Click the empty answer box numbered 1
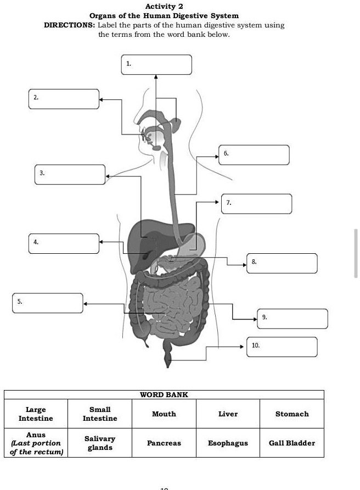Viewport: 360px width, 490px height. pos(157,64)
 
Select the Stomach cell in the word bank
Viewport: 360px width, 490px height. pos(292,414)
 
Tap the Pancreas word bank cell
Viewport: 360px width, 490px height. pos(164,443)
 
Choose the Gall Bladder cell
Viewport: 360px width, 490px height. pos(292,443)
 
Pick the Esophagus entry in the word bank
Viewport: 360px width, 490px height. pos(228,443)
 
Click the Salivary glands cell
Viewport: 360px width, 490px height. pos(100,443)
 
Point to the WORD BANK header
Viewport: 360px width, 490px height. pos(164,394)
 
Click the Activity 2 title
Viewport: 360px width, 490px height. pos(160,7)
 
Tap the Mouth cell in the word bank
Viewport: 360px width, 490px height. pos(164,414)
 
